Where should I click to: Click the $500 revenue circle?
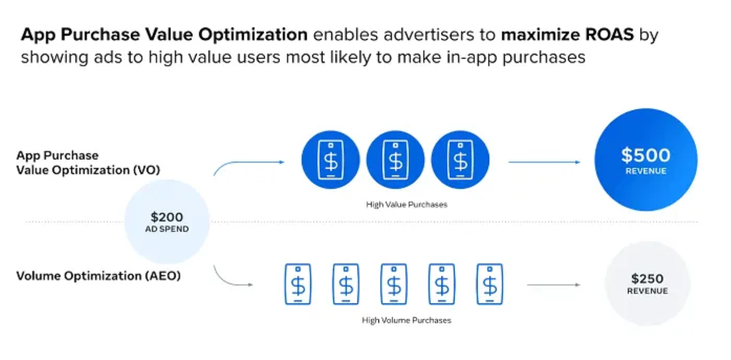pos(646,160)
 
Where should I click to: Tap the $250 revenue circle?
pos(647,283)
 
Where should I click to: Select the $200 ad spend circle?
pos(166,221)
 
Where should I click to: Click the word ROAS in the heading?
pos(609,34)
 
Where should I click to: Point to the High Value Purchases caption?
pos(406,205)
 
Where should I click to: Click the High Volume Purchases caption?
pos(406,320)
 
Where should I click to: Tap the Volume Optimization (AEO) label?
pos(98,276)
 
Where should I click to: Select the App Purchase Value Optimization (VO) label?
pos(88,162)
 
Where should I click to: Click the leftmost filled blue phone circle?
pos(330,160)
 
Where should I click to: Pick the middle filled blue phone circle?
pos(395,160)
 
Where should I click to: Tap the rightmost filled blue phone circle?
pos(460,160)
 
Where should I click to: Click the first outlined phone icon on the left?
pos(298,284)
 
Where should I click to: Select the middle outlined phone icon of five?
pos(394,284)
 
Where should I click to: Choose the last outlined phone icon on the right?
pos(490,284)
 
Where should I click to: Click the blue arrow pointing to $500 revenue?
pos(544,162)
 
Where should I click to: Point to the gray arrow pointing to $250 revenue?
pos(554,285)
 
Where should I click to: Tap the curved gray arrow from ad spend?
pos(226,281)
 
